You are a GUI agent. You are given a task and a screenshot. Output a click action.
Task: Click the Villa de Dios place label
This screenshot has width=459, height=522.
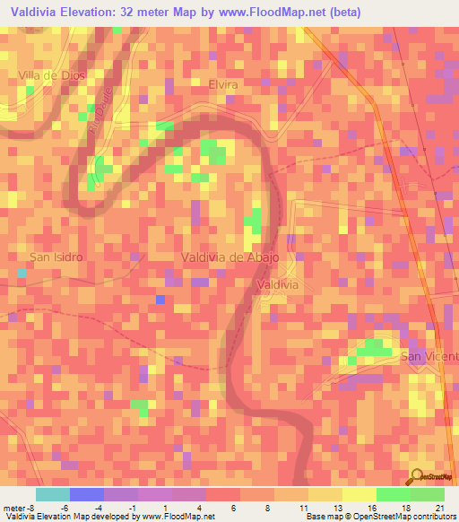point(52,75)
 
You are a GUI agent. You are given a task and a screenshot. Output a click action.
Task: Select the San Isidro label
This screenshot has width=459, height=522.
point(56,257)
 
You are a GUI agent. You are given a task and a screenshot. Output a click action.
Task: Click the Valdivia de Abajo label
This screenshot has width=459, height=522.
point(230,257)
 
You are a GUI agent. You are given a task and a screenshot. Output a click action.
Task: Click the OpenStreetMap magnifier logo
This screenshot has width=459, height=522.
point(417,476)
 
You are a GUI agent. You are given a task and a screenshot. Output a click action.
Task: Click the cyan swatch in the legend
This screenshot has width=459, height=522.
point(53,494)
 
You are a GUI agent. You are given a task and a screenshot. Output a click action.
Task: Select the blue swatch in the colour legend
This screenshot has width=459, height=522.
point(87,494)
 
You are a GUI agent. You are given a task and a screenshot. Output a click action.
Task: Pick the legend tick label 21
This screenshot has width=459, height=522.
point(438,507)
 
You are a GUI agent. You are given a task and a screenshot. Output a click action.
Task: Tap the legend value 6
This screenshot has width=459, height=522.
point(233,507)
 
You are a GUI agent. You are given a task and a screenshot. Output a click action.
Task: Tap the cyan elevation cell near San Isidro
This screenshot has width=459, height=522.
point(22,272)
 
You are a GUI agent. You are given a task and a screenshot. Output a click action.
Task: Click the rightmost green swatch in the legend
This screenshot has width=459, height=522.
point(428,494)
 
